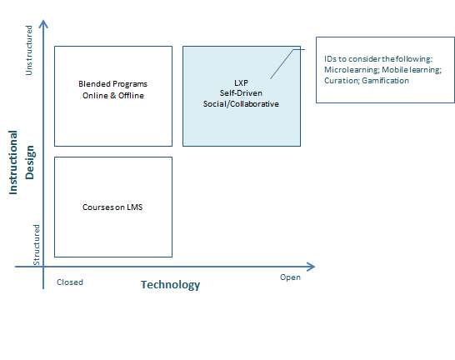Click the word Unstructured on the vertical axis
(28, 50)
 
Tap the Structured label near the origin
(37, 245)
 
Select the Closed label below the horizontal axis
(70, 282)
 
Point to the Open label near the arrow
(290, 277)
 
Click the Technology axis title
(170, 285)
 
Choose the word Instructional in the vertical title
(13, 162)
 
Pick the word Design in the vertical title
(30, 162)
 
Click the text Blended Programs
(112, 84)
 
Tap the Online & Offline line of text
(113, 96)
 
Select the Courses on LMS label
(112, 207)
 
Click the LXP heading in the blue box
(241, 83)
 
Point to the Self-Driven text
(241, 93)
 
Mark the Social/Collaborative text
(241, 104)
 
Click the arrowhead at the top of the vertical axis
(43, 24)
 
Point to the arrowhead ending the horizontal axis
(311, 267)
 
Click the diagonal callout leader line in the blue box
(282, 64)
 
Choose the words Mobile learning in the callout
(412, 70)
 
